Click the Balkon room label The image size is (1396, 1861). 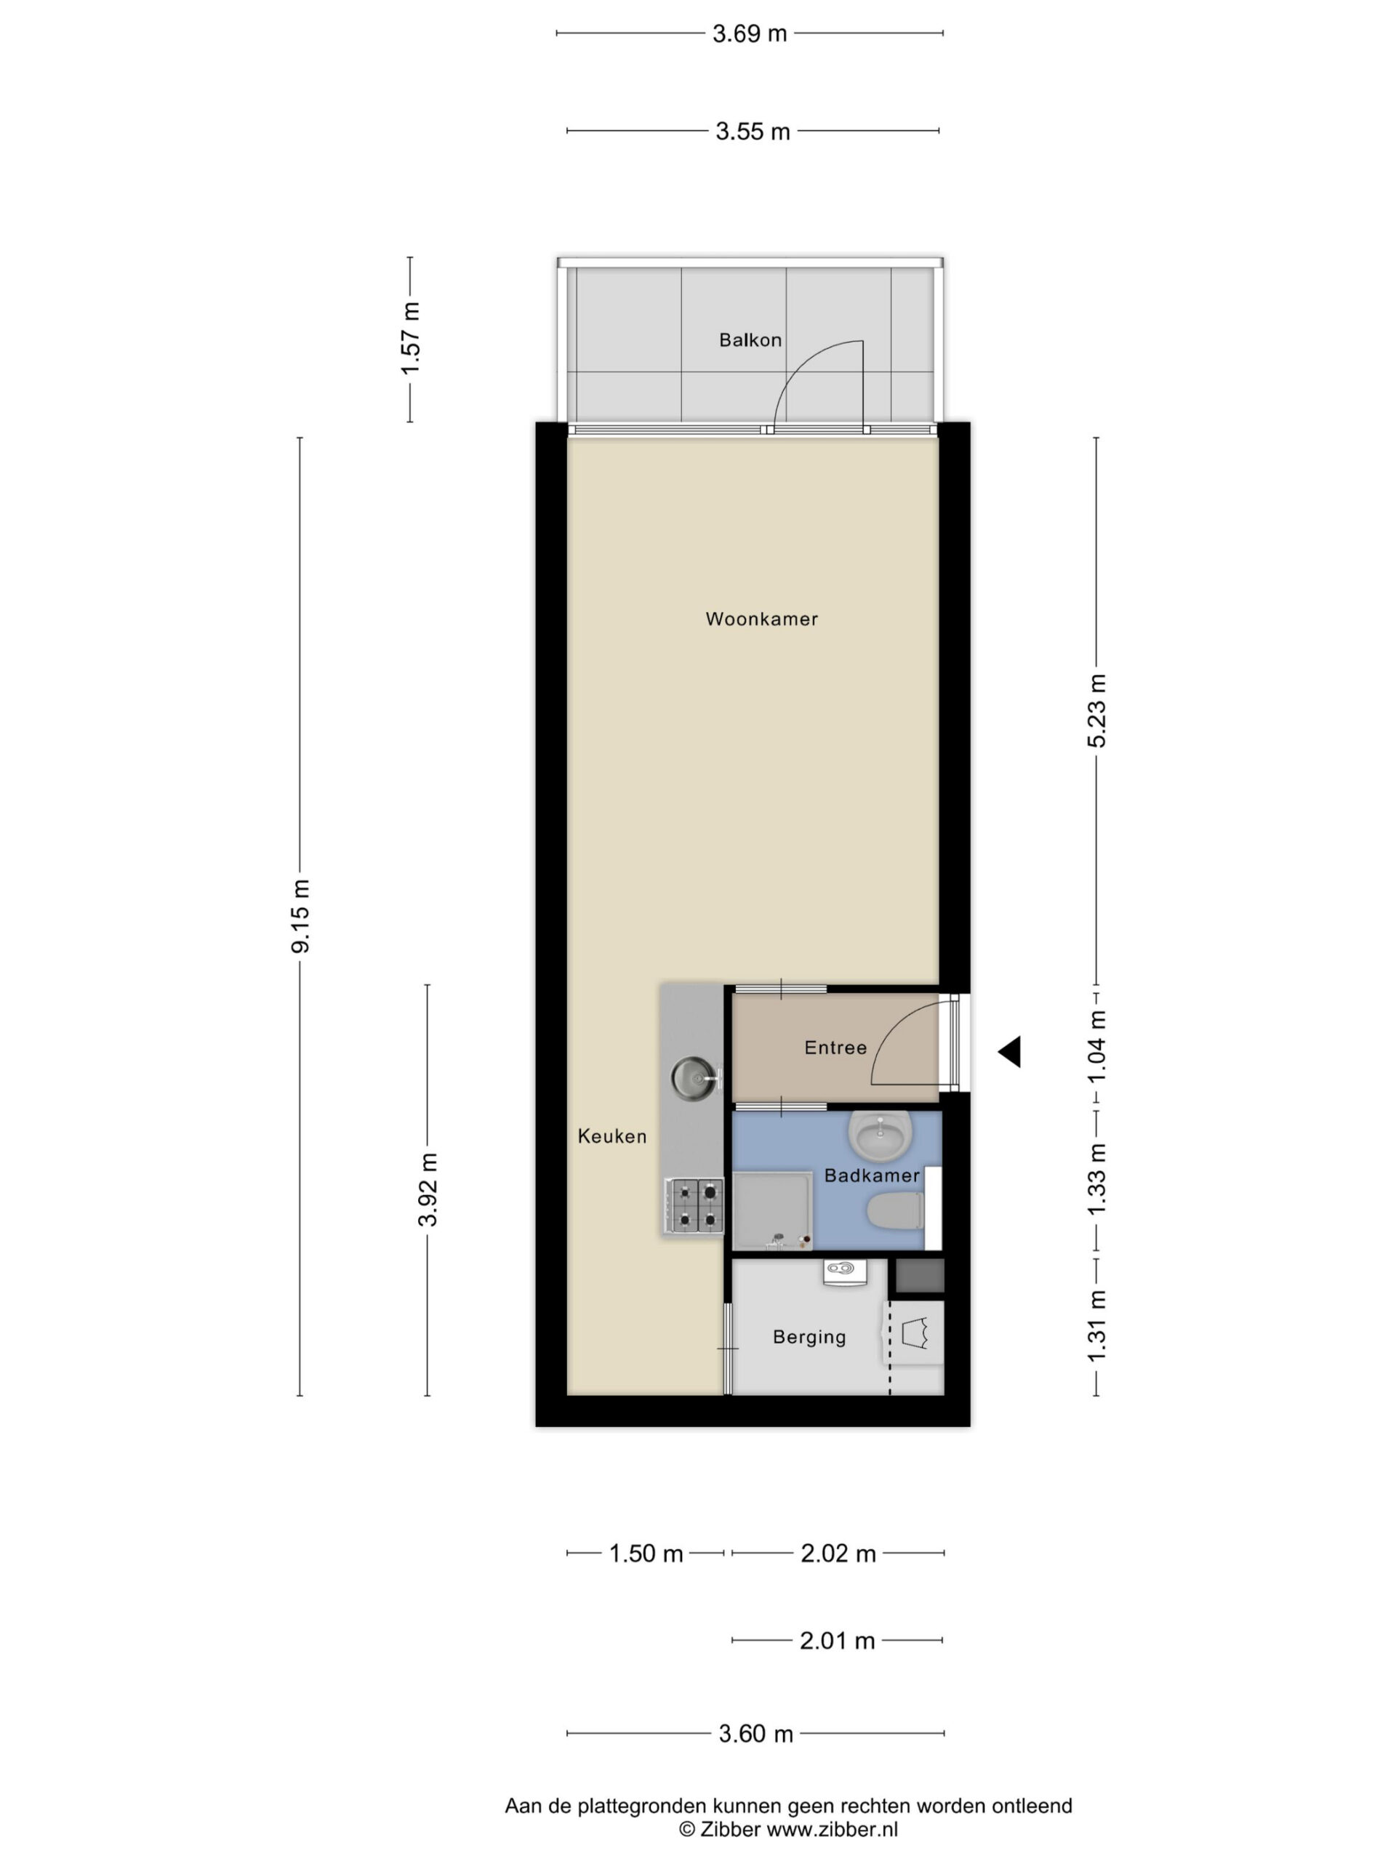click(x=750, y=340)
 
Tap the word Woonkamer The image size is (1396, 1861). click(x=761, y=619)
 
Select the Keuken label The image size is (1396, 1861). click(x=611, y=1137)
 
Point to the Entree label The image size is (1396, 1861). click(x=835, y=1048)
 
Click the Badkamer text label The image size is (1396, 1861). click(x=872, y=1175)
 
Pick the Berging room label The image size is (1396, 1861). click(x=809, y=1337)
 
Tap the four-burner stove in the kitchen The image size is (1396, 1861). click(x=694, y=1205)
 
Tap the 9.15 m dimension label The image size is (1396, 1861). click(x=300, y=916)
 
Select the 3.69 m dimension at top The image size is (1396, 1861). click(x=749, y=33)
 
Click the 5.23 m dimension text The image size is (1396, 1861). click(x=1097, y=711)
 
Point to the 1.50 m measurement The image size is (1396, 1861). click(x=646, y=1553)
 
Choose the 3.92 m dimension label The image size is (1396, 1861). click(x=428, y=1189)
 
